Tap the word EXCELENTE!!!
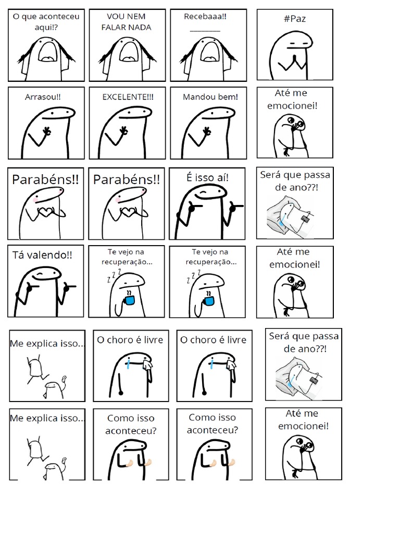coord(128,96)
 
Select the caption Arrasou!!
coord(43,97)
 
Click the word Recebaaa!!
coord(205,16)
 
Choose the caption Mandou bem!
coord(210,96)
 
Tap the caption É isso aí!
coord(207,177)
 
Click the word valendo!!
coord(54,255)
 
